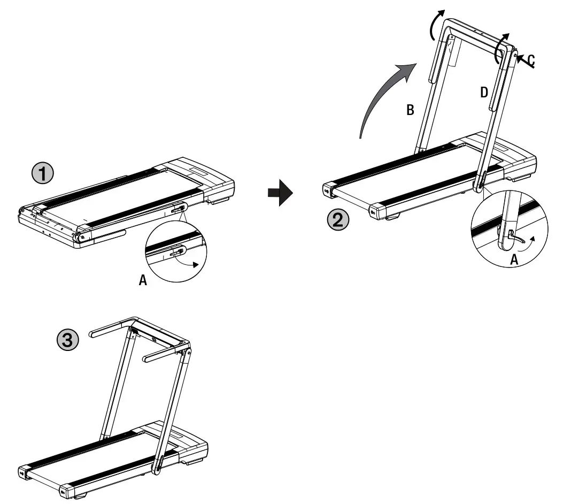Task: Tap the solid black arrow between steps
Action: tap(280, 192)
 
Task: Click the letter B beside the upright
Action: tap(410, 110)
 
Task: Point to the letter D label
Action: tap(484, 93)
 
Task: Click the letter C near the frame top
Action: tap(530, 60)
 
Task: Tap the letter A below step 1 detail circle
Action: tap(143, 280)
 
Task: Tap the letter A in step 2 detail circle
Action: tap(514, 260)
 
